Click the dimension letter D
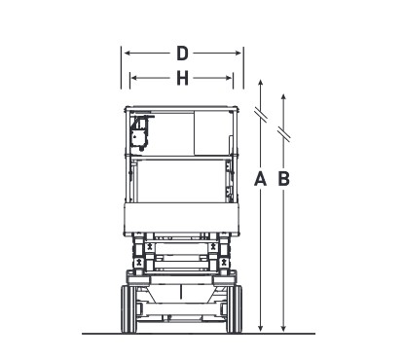point(182,54)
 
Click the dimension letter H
point(182,78)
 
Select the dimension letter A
point(260,179)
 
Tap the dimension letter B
point(284,179)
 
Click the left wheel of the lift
point(128,309)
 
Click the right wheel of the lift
point(235,309)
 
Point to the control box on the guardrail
point(140,133)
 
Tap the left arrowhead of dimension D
point(128,54)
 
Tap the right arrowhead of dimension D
point(238,54)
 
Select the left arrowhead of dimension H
point(133,78)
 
